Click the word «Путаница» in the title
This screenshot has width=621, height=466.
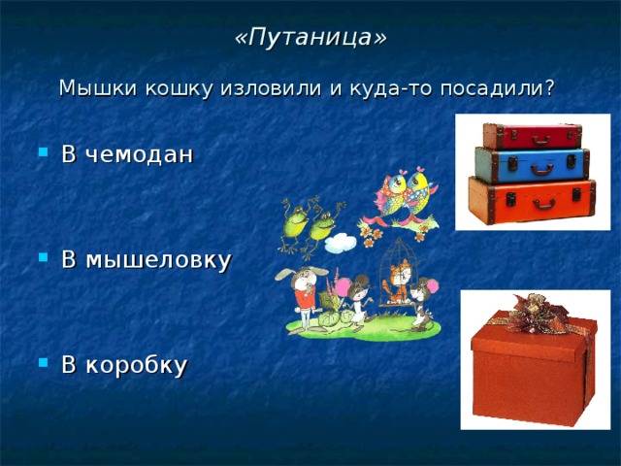point(310,37)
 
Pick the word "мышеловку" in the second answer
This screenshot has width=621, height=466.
point(159,260)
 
